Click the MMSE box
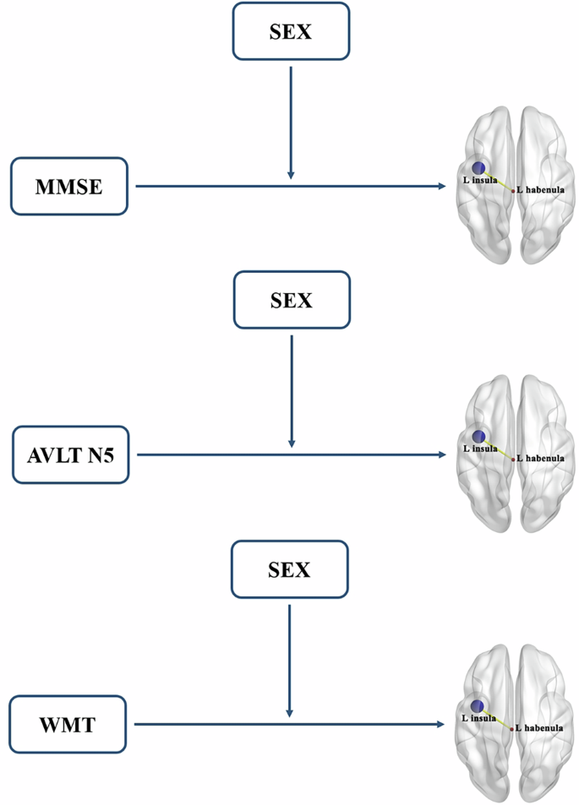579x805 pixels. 68,186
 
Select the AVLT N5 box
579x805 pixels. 70,455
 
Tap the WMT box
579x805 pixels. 68,724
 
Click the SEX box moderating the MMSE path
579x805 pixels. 291,31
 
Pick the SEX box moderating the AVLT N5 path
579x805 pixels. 291,300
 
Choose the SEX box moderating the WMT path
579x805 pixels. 289,569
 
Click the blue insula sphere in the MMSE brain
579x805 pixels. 479,168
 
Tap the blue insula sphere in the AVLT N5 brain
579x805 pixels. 479,437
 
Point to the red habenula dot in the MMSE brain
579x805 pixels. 512,192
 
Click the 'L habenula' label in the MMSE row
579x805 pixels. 541,191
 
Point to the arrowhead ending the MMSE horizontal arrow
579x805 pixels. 442,186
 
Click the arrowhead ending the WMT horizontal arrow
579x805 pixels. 441,724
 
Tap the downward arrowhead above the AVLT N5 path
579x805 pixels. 292,443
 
